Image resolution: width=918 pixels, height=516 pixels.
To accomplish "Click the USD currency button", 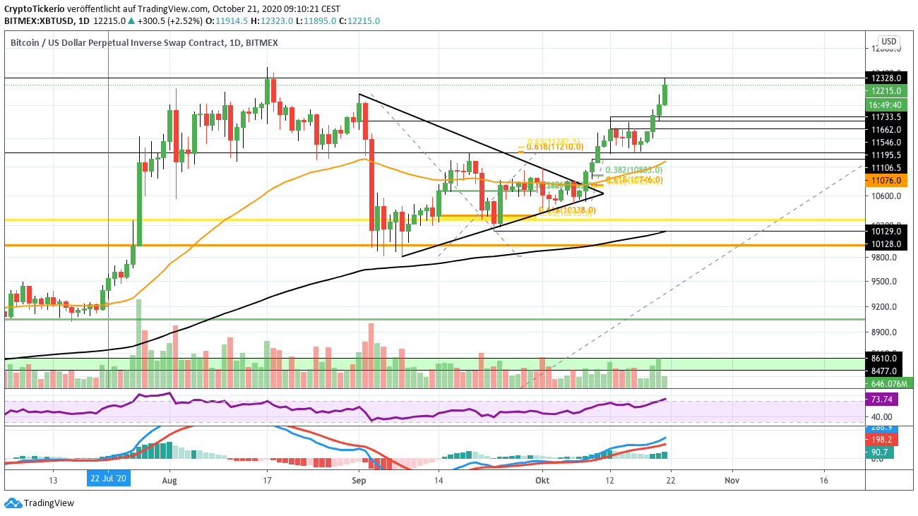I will pos(888,41).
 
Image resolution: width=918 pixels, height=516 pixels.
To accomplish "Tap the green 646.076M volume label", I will pos(889,383).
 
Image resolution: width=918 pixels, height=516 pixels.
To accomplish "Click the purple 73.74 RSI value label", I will pos(879,400).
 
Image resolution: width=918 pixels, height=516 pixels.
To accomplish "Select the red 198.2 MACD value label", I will pos(880,439).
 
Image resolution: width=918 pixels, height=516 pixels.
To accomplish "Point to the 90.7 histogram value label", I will pos(880,452).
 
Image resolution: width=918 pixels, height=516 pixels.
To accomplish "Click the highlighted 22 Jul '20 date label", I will pos(107,478).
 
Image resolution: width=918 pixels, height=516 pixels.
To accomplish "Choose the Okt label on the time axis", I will pos(542,478).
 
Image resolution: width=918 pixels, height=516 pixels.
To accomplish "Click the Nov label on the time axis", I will pos(732,478).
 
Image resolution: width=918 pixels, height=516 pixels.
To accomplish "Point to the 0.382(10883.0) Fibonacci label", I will pos(633,170).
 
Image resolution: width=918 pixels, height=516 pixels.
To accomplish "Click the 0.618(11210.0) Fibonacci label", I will pos(556,146).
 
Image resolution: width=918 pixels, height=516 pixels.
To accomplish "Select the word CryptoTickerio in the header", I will pos(33,9).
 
